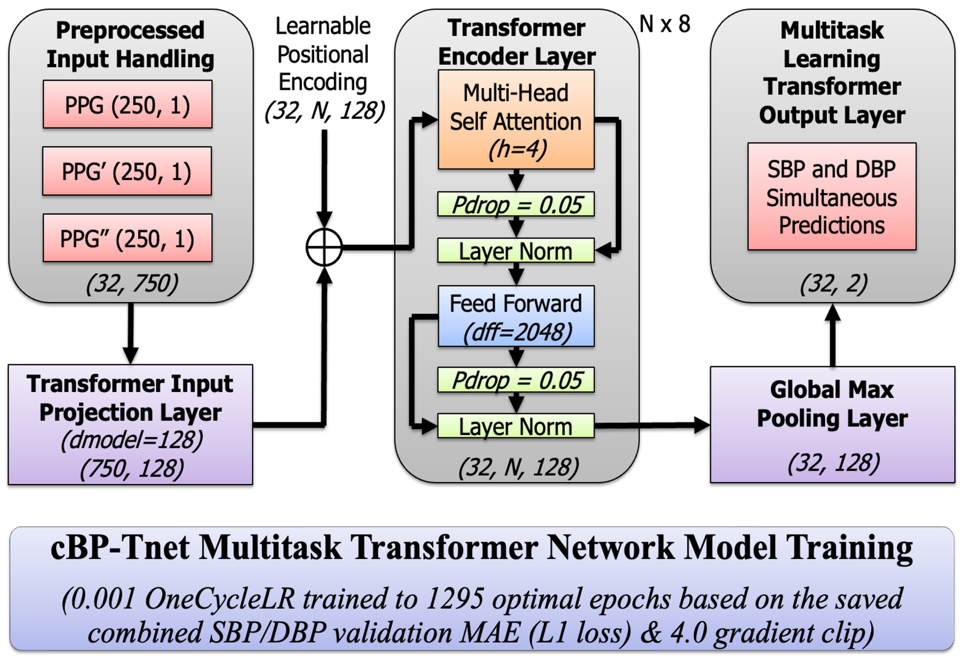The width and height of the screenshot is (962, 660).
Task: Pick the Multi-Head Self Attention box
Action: (x=516, y=120)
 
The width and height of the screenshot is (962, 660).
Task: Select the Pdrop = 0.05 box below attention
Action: (x=516, y=204)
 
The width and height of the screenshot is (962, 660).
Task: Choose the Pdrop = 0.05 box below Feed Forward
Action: (x=516, y=380)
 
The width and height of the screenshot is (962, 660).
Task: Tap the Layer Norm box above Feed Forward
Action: (x=516, y=250)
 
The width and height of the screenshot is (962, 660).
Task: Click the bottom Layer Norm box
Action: (x=516, y=426)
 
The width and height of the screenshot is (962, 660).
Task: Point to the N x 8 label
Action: (x=665, y=24)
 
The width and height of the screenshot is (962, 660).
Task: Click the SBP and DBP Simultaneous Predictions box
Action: (x=832, y=197)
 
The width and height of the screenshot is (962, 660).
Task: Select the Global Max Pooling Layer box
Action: (x=832, y=425)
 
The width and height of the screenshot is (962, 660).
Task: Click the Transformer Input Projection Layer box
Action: (x=130, y=425)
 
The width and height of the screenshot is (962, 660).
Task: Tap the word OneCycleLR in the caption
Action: (x=219, y=598)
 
